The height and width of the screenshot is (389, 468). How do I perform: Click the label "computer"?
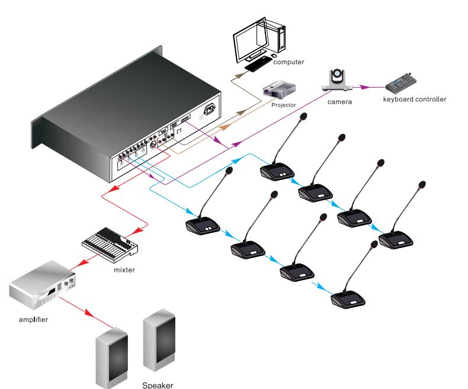(289, 62)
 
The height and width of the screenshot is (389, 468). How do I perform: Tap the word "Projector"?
(283, 105)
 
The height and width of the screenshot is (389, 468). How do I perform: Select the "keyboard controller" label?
(414, 99)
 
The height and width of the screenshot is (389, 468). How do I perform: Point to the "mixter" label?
(125, 269)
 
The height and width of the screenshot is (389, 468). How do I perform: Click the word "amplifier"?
(33, 320)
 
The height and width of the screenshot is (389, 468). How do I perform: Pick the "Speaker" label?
(158, 385)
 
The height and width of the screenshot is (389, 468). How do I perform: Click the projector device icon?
(279, 90)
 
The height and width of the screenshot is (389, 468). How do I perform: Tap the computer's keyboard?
(258, 65)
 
